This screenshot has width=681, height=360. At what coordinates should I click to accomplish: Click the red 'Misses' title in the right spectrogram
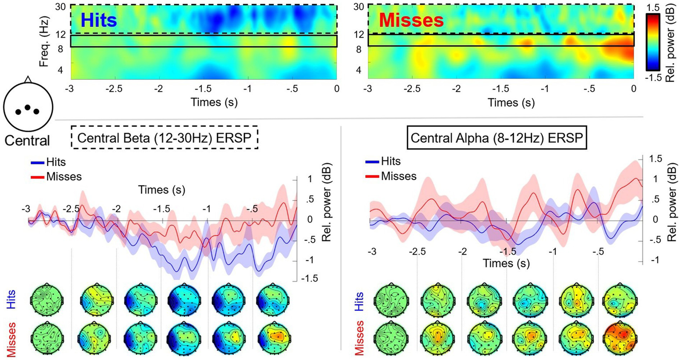(x=411, y=20)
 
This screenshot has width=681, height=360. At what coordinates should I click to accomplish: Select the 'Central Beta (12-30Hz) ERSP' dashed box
(x=165, y=138)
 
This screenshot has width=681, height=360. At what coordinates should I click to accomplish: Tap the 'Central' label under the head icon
(x=27, y=141)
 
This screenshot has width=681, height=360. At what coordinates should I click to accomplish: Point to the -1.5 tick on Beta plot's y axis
(x=309, y=279)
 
